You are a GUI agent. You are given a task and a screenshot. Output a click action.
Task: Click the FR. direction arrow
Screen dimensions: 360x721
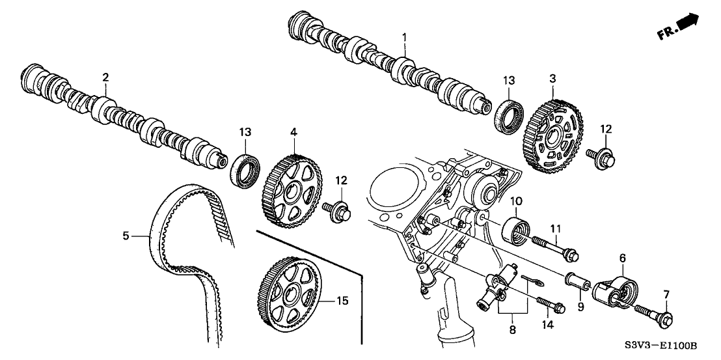687,23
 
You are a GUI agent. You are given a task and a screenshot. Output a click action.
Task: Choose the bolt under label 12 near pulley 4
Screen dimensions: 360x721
342,210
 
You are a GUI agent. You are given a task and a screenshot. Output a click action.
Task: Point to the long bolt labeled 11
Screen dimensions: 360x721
555,248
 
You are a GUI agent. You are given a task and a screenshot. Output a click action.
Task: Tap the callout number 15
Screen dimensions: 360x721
342,301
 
